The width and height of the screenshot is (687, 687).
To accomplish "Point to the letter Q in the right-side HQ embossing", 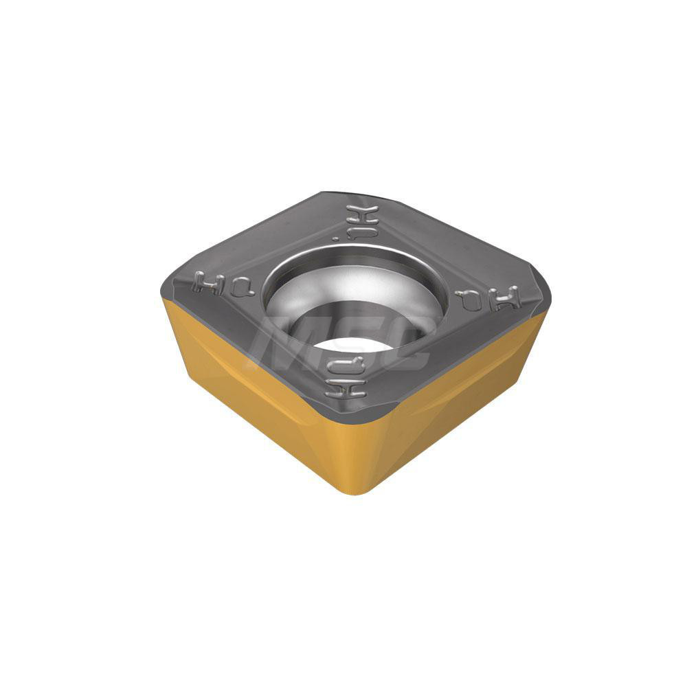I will tap(469, 299).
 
